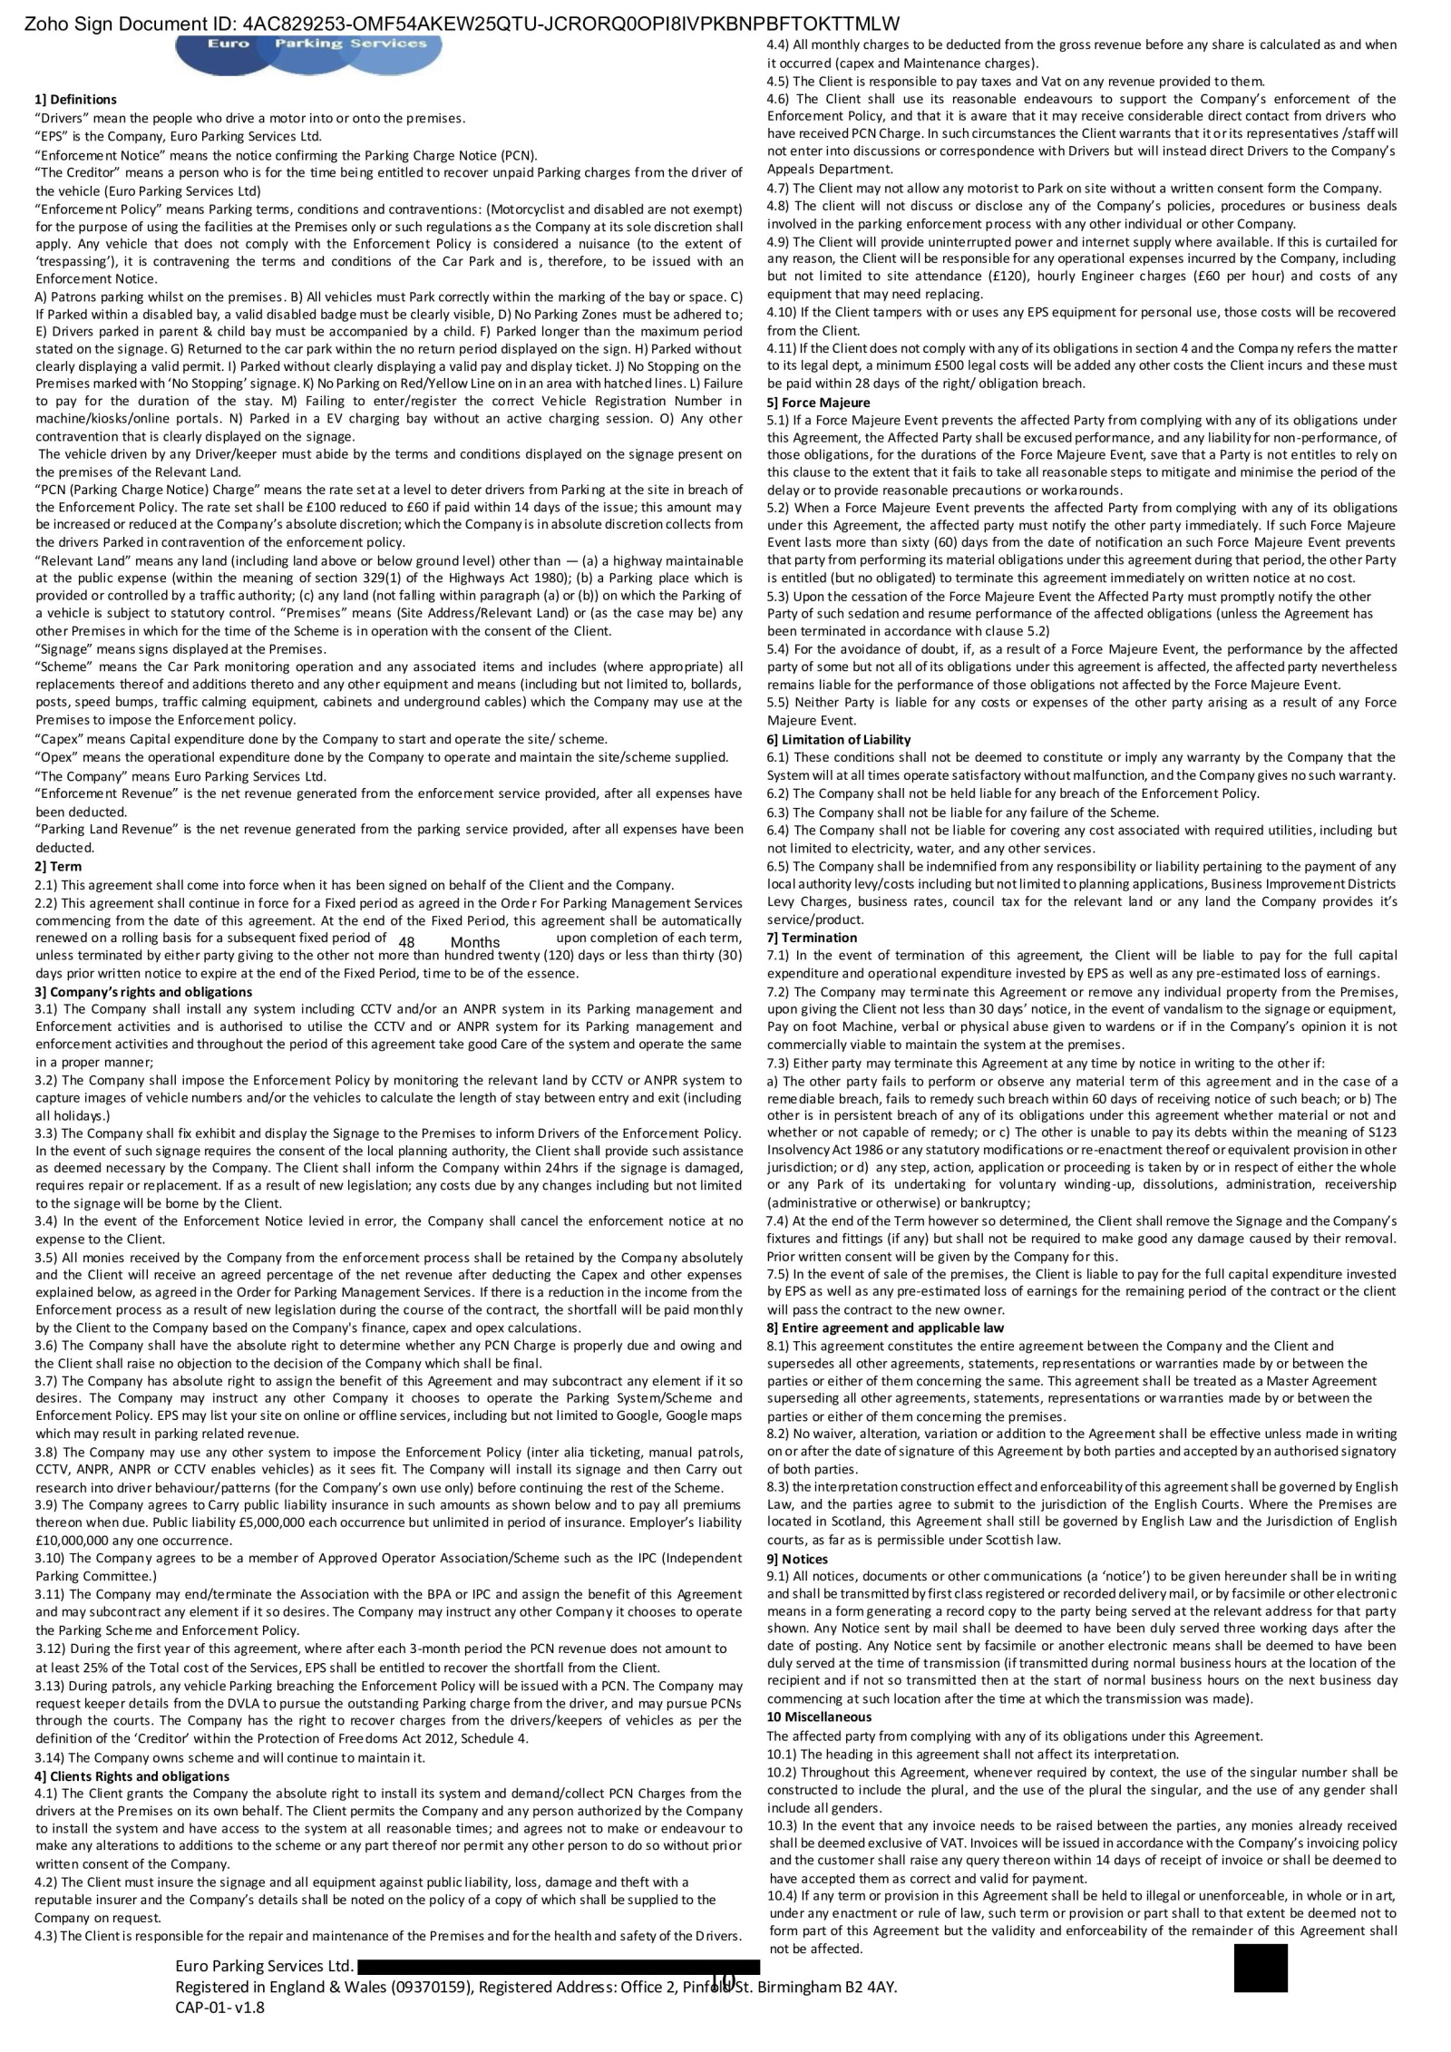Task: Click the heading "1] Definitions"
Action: [75, 100]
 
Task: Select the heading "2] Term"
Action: [58, 866]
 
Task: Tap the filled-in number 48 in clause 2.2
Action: [406, 942]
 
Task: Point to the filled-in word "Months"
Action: [475, 942]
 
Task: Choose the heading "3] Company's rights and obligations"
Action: [143, 991]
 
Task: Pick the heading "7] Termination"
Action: [812, 937]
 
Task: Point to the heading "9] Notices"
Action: [797, 1559]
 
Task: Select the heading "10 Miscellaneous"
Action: [819, 1716]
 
